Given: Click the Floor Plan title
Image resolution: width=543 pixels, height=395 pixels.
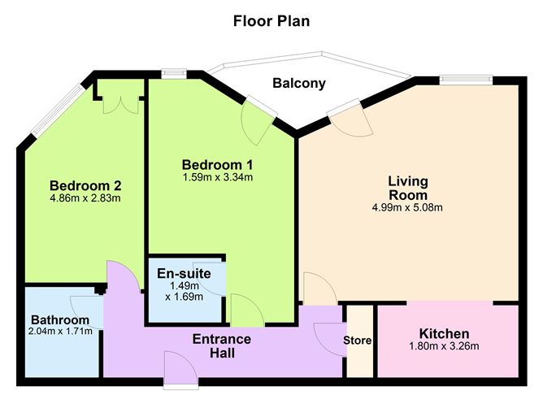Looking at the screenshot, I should [x=271, y=20].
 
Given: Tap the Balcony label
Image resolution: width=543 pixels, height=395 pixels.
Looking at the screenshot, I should [x=299, y=83].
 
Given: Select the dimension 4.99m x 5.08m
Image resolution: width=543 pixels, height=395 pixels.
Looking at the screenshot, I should [x=406, y=207].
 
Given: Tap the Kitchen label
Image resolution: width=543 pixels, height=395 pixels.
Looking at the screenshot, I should [x=444, y=333].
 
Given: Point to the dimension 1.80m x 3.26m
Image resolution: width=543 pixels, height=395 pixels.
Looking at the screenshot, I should [x=444, y=347].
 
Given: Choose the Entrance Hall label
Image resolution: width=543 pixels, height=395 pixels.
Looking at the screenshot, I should [x=222, y=346].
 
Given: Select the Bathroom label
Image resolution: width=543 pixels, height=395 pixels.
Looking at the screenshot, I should [x=60, y=319].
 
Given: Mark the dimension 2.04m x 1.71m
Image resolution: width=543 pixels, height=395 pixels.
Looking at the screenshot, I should [x=60, y=331].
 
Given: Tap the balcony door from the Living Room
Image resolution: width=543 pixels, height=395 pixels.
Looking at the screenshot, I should [x=346, y=116].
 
